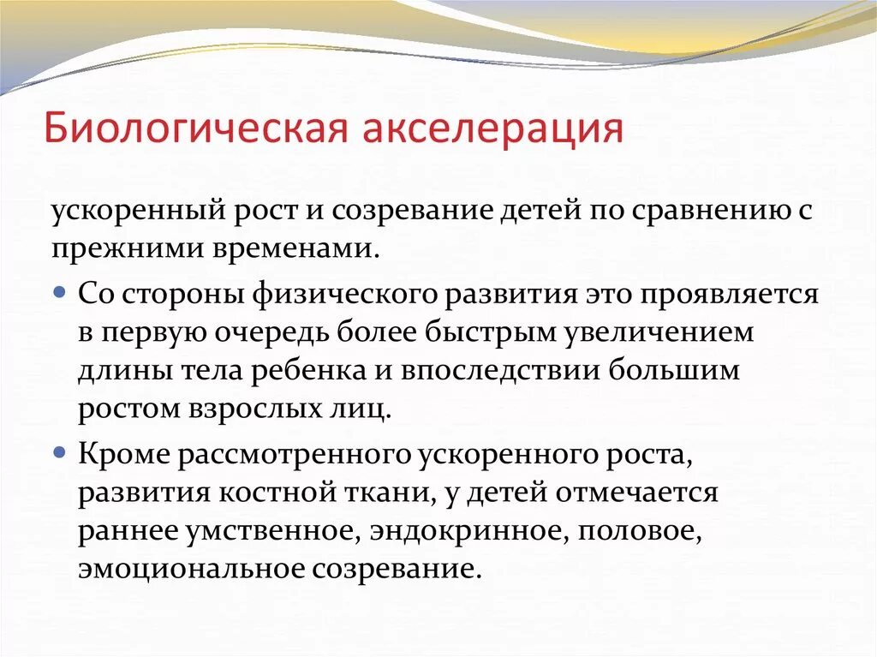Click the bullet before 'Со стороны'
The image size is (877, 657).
pos(59,292)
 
